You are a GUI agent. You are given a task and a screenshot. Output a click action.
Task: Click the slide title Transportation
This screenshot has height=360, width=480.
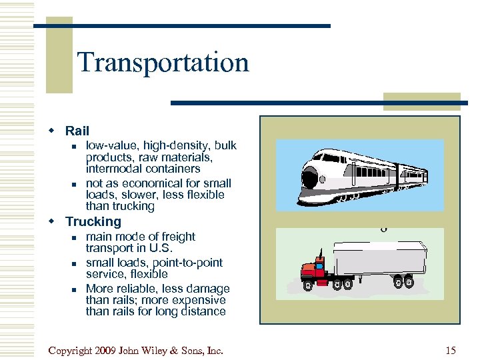(x=163, y=63)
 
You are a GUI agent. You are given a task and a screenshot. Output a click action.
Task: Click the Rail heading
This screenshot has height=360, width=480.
(x=77, y=131)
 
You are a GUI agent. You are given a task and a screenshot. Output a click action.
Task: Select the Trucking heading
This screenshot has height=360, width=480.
(x=93, y=222)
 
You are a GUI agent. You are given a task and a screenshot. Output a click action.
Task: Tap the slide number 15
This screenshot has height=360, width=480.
(x=451, y=350)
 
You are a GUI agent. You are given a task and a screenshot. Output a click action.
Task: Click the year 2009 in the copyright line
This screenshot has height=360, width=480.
(x=107, y=350)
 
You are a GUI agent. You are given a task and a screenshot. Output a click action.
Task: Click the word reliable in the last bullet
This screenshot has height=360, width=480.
(x=138, y=289)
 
